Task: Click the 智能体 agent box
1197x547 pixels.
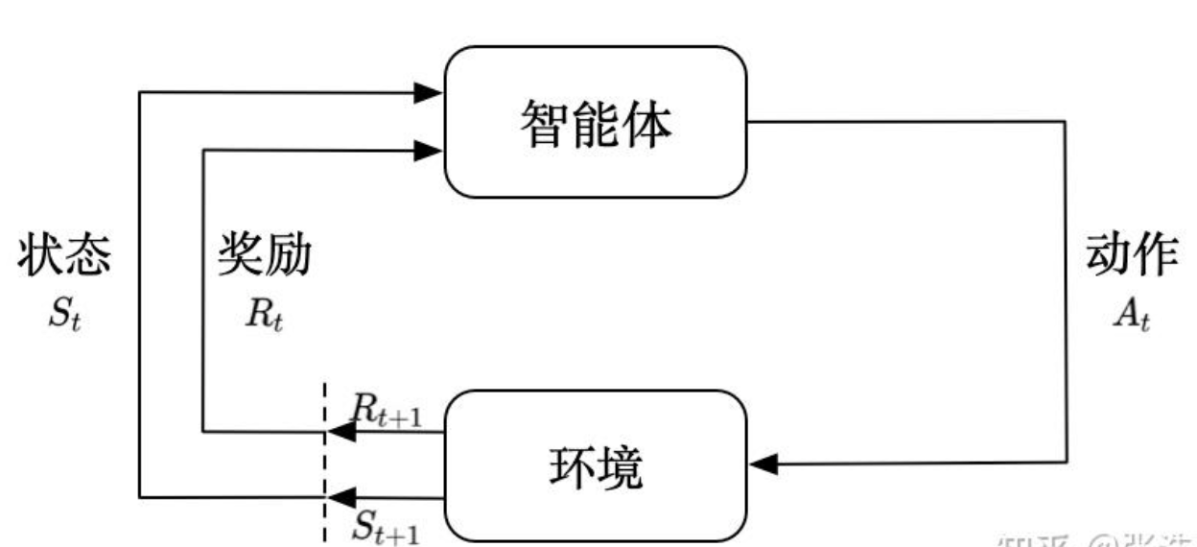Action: click(x=596, y=122)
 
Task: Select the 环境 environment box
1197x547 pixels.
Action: click(x=596, y=465)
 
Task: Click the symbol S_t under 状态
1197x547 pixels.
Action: click(x=63, y=316)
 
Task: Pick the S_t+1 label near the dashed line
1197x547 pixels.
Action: click(x=385, y=527)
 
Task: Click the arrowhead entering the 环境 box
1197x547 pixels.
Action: click(x=763, y=464)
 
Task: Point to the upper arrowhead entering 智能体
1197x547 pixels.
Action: click(x=428, y=93)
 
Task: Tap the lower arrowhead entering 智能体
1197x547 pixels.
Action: click(x=428, y=149)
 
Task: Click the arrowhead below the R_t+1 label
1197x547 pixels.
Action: click(x=341, y=433)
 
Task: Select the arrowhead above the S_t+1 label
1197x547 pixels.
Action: click(x=341, y=496)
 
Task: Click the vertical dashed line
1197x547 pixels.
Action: click(x=326, y=461)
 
